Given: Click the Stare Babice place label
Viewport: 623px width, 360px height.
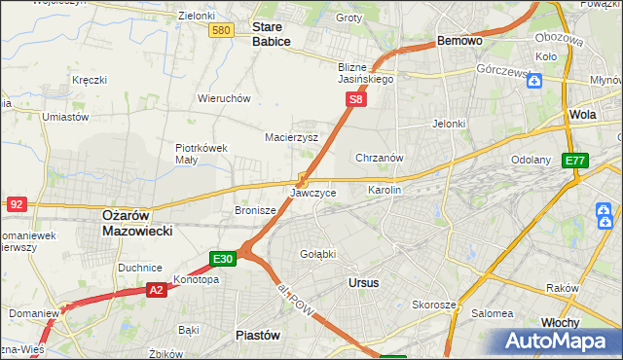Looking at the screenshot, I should (272, 35).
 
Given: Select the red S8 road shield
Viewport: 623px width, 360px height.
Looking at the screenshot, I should (357, 99).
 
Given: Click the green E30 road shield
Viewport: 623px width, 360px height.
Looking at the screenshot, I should (223, 259).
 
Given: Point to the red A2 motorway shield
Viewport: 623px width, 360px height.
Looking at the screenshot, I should (157, 289).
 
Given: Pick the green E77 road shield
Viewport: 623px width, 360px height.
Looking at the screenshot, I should (575, 161).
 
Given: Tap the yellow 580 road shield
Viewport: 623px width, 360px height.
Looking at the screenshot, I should (221, 31).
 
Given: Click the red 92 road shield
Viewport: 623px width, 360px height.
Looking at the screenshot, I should (17, 203).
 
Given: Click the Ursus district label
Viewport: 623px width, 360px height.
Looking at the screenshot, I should (363, 282).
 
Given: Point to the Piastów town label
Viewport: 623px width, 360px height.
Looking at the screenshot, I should (258, 335).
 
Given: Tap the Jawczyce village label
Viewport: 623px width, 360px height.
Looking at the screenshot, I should (313, 193).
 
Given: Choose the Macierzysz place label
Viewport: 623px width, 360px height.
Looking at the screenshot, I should (292, 137).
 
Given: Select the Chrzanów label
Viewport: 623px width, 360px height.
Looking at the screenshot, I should (380, 157).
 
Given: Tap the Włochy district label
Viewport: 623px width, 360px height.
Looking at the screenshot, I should (560, 322).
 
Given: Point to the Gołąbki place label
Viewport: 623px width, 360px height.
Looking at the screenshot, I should (317, 254).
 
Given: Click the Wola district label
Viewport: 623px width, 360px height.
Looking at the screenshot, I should (582, 114).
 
